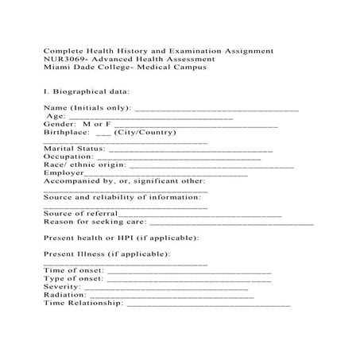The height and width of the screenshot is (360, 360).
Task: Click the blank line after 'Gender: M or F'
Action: pos(195,126)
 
